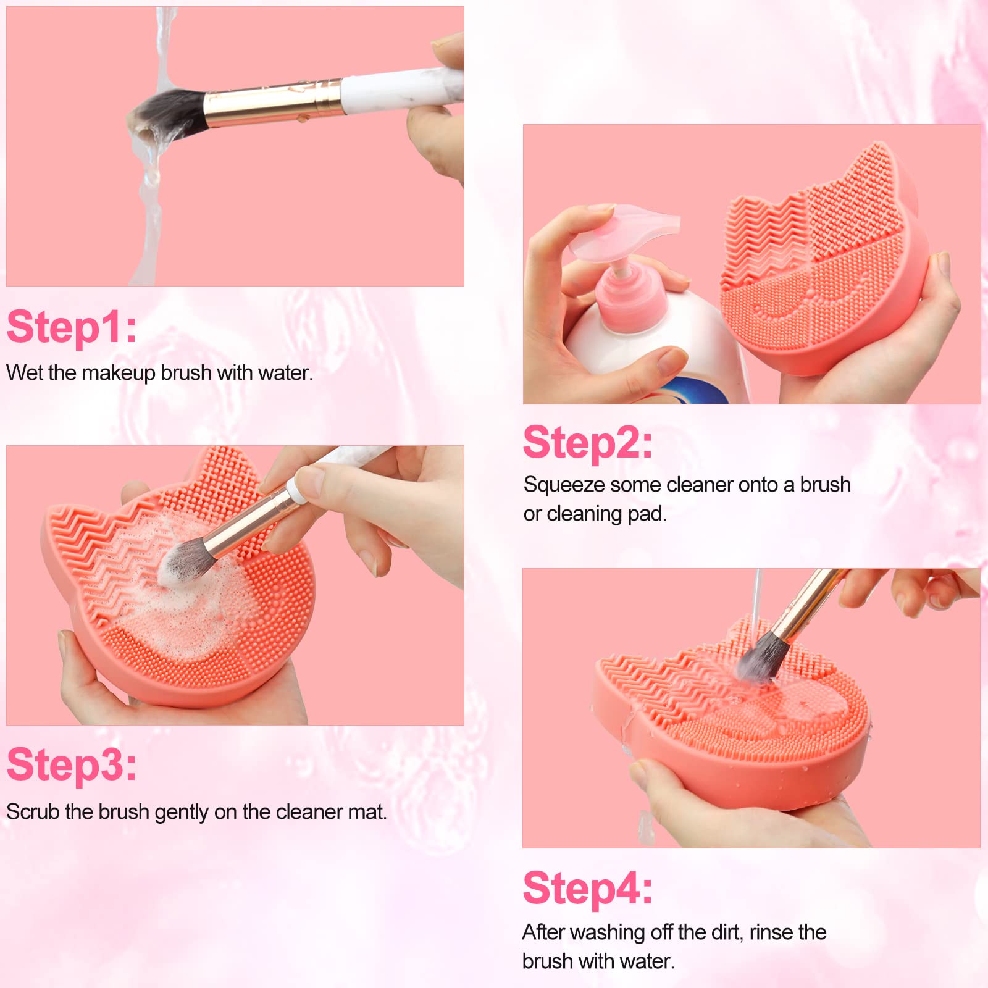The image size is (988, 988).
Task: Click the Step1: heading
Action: click(72, 327)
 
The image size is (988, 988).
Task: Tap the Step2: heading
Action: click(588, 443)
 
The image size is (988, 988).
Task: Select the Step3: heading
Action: click(72, 765)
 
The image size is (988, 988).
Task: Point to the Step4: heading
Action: click(588, 889)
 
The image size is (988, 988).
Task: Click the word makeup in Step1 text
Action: click(118, 374)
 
